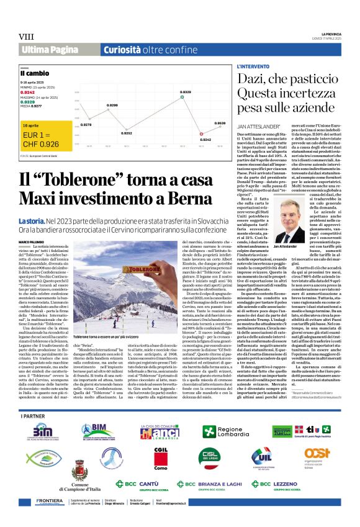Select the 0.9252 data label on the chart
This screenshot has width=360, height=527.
pyautogui.click(x=127, y=133)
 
